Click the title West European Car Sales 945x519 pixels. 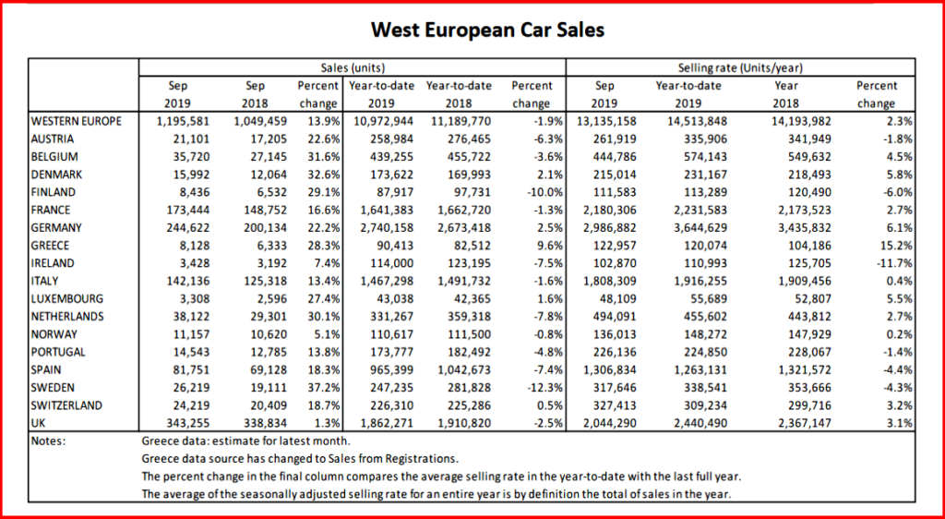pos(487,30)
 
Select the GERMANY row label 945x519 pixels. pos(57,228)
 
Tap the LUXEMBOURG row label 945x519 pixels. pos(66,299)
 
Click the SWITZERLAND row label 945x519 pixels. pos(66,405)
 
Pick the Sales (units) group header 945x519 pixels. pos(353,67)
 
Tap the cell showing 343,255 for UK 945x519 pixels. pos(192,423)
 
